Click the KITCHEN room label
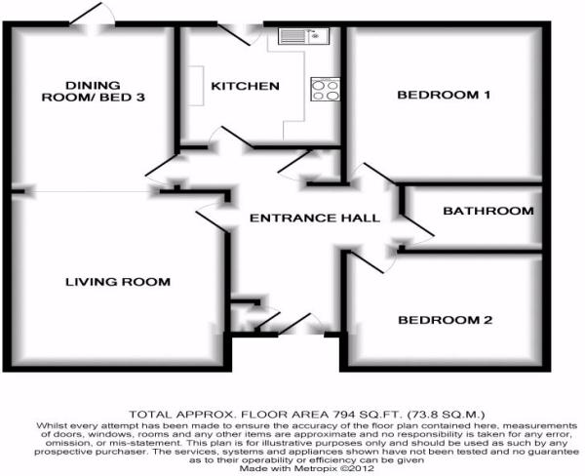click(245, 86)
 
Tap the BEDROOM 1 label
click(444, 95)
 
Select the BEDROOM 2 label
click(446, 320)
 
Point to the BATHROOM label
click(488, 211)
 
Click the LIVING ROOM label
click(118, 282)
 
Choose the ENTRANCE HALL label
click(315, 218)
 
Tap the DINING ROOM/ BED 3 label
click(94, 92)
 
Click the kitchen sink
click(303, 36)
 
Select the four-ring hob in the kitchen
click(326, 90)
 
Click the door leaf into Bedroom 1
click(380, 174)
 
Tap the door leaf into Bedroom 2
click(365, 262)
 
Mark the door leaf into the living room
click(212, 222)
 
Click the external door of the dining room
click(85, 15)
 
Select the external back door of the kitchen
click(234, 35)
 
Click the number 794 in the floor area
click(340, 415)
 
